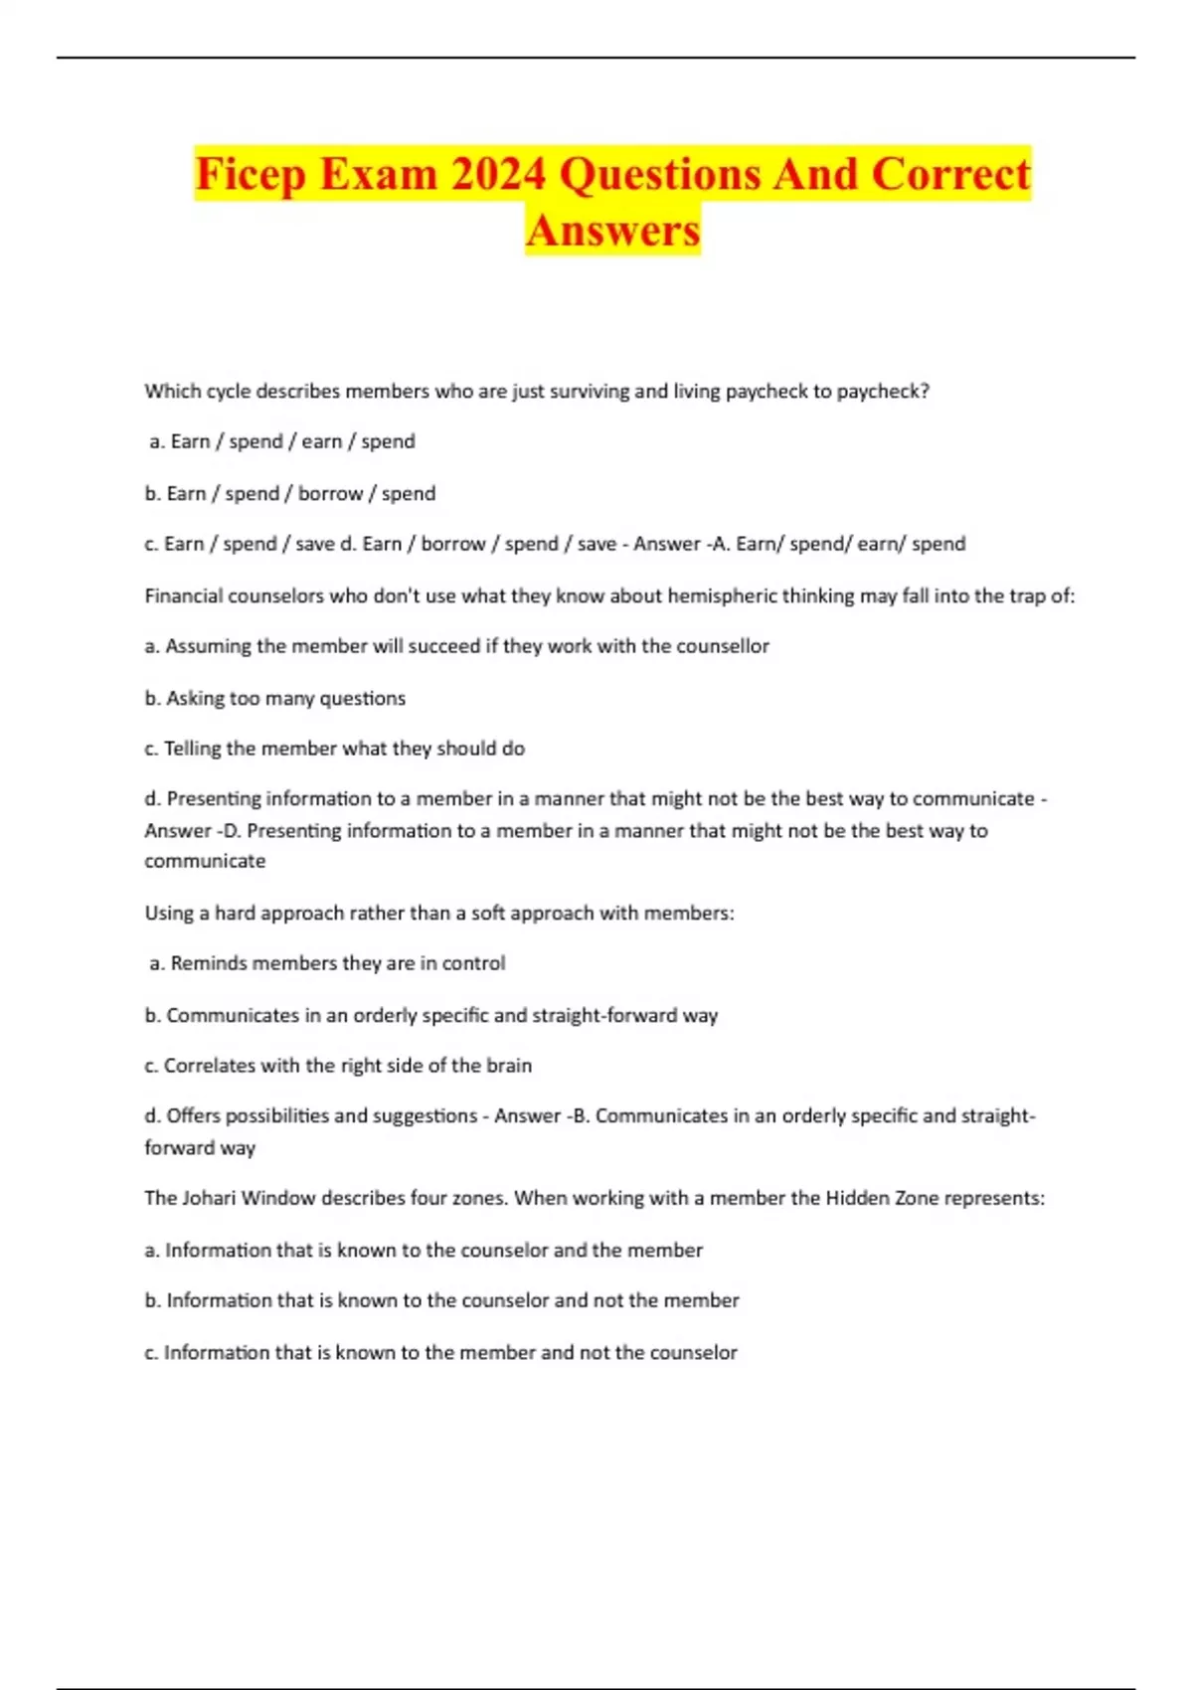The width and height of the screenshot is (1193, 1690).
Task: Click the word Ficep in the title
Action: click(x=250, y=174)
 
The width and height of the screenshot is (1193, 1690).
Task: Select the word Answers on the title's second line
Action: click(x=613, y=231)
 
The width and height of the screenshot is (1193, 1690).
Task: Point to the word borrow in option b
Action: click(x=331, y=494)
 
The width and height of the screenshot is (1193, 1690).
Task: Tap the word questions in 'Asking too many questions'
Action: click(x=362, y=699)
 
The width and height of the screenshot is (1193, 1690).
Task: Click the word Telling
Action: click(x=192, y=749)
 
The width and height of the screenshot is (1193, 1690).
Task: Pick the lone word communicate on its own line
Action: click(x=205, y=861)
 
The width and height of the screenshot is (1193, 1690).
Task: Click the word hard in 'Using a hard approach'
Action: click(x=234, y=913)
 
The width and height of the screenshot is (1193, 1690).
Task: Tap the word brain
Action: click(x=509, y=1066)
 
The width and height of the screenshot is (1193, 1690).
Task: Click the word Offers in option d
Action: click(x=193, y=1116)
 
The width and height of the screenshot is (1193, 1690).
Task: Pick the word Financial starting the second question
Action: click(x=184, y=596)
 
